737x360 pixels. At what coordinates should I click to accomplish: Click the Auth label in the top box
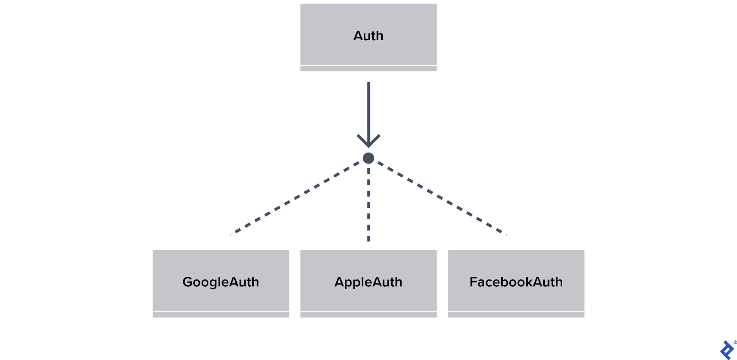368,36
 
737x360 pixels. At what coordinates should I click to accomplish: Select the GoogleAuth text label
221,282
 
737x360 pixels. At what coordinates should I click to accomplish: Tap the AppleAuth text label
368,282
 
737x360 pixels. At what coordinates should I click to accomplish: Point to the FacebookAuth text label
516,282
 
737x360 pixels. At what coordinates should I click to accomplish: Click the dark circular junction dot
368,158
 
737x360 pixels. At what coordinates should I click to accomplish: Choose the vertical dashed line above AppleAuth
368,203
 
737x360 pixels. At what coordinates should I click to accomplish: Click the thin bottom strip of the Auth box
368,69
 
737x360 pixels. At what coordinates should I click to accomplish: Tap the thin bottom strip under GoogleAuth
221,315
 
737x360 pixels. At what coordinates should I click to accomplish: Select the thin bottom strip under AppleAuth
368,315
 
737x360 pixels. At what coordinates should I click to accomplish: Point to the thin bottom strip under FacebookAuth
516,315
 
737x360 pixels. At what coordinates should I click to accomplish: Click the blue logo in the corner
726,350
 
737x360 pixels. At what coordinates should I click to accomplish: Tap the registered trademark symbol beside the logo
735,343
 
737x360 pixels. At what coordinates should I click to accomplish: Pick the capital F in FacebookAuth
473,282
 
